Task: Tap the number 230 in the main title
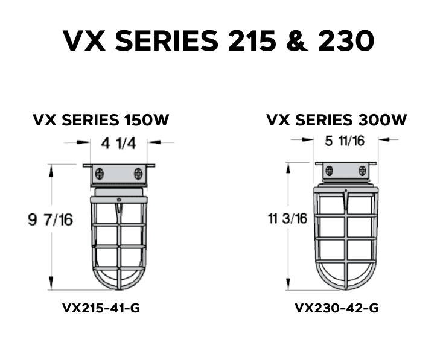pos(343,41)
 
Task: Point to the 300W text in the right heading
pos(384,120)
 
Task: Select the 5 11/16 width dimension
pos(344,141)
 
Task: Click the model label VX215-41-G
pos(101,308)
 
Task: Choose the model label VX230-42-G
pos(337,308)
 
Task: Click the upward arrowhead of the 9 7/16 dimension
pos(51,170)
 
